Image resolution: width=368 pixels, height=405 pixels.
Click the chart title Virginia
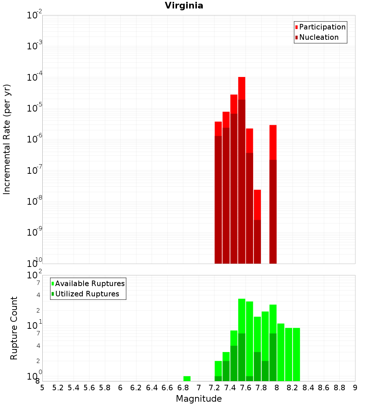click(x=184, y=6)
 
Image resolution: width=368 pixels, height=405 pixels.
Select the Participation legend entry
click(x=322, y=27)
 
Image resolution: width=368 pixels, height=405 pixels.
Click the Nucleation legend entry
click(x=318, y=37)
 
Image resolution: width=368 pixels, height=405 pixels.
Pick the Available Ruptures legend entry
click(x=89, y=283)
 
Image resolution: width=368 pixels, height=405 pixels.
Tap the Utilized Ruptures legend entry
click(x=86, y=294)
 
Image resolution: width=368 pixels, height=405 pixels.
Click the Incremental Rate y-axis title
click(x=7, y=139)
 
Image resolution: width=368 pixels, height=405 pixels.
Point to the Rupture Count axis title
click(x=14, y=328)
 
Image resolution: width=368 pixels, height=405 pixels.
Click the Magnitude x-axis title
click(x=199, y=399)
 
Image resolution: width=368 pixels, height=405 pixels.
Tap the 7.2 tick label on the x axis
click(x=214, y=388)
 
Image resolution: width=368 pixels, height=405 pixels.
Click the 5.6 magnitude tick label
click(x=89, y=388)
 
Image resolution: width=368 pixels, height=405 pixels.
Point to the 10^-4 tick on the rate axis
click(x=35, y=78)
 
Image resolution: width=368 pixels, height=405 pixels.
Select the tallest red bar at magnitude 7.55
click(x=242, y=169)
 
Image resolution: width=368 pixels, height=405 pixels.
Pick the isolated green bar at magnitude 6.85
click(x=187, y=378)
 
